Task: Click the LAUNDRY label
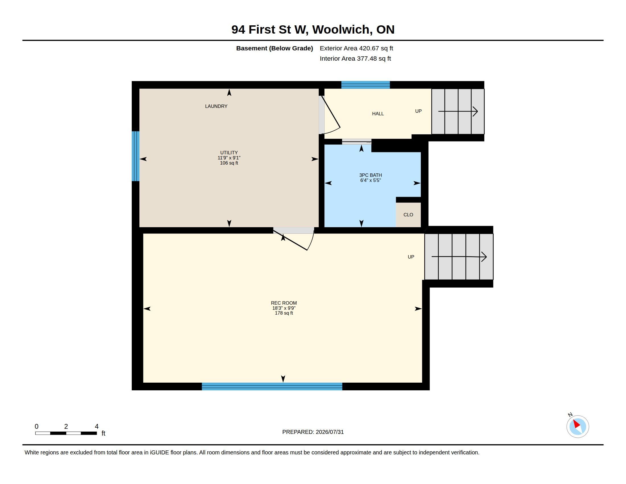[x=216, y=106]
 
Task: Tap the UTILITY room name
[x=229, y=153]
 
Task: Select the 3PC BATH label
[x=370, y=175]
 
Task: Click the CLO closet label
[x=408, y=215]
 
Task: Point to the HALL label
[x=378, y=114]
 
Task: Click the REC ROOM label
[x=284, y=303]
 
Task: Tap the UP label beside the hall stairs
[x=418, y=111]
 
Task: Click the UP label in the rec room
[x=411, y=257]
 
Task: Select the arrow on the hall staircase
[x=458, y=111]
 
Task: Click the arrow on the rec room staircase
[x=459, y=257]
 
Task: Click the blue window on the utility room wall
[x=135, y=156]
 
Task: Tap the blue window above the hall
[x=365, y=85]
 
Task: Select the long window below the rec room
[x=272, y=386]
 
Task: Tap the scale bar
[x=66, y=433]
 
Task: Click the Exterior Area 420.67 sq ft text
[x=356, y=48]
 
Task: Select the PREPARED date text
[x=313, y=432]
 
